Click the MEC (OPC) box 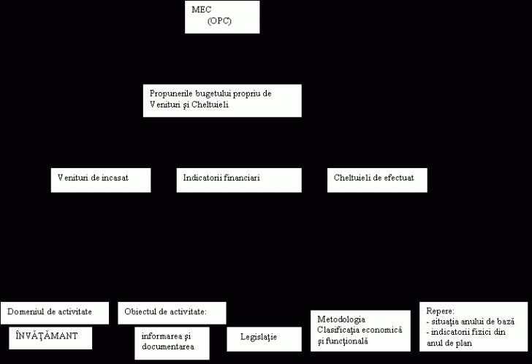[x=222, y=17]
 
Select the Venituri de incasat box [x=101, y=180]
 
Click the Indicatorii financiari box [x=239, y=180]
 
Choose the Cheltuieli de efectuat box [x=377, y=180]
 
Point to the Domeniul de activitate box [x=55, y=313]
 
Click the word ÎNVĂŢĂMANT [x=47, y=335]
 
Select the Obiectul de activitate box [x=172, y=313]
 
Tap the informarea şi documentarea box [x=172, y=344]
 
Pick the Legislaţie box [x=265, y=339]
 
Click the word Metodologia [x=341, y=319]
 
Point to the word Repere [x=440, y=311]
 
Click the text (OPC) [x=219, y=21]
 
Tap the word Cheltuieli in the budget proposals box [x=210, y=105]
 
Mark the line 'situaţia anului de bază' [x=471, y=322]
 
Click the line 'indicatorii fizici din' [x=466, y=332]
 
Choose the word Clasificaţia [x=337, y=330]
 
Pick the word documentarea [x=168, y=346]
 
